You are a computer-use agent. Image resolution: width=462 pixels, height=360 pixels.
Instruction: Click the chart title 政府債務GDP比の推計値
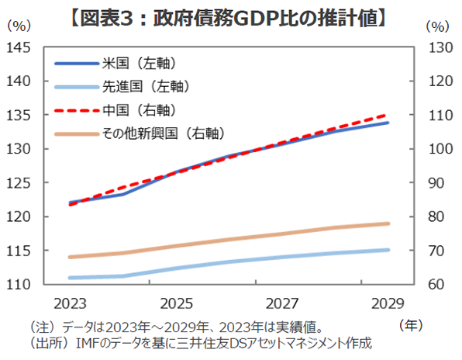coord(230,14)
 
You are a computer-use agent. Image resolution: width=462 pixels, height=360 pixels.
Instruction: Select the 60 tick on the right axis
coord(436,285)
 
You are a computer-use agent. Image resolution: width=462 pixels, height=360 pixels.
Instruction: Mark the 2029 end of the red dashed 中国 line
coord(388,115)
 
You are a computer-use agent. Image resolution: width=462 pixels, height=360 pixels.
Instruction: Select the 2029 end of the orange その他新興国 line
coord(388,223)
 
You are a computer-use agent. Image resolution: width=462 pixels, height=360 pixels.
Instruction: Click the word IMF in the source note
coord(66,342)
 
